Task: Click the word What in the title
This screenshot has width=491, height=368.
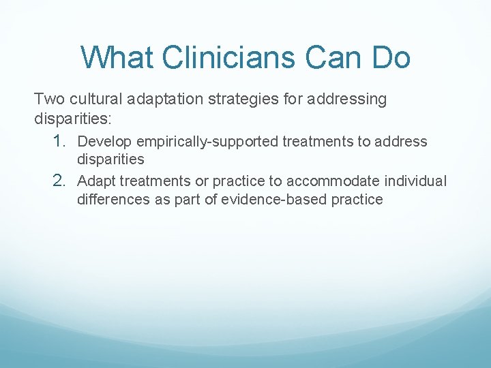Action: tap(118, 57)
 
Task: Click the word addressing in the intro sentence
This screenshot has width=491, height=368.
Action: tap(346, 99)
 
